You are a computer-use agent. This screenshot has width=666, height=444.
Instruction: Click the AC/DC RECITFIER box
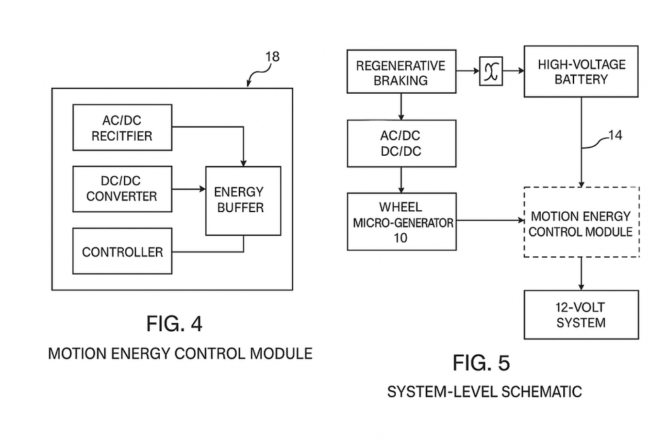[122, 128]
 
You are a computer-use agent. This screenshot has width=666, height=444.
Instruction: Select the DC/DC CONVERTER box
[122, 189]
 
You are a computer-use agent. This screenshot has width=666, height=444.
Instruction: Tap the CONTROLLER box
[122, 252]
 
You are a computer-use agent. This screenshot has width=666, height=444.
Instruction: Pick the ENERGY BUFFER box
[243, 201]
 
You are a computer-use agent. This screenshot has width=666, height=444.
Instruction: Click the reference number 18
[271, 57]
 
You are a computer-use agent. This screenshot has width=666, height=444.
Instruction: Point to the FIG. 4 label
[174, 324]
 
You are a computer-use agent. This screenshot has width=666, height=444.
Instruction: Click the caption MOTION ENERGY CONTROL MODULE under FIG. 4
[180, 354]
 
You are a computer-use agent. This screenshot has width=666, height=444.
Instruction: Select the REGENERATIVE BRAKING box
[401, 72]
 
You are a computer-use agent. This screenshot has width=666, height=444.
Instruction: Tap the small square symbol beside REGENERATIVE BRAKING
[490, 71]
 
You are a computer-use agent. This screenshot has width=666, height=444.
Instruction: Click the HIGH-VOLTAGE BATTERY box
[581, 71]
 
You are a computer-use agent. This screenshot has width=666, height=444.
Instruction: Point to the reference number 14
[614, 135]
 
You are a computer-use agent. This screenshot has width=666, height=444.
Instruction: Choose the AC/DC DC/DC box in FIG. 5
[401, 143]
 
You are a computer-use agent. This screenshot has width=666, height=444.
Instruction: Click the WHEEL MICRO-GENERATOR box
[401, 222]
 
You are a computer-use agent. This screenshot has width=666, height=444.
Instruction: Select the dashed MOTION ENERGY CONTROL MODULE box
[581, 222]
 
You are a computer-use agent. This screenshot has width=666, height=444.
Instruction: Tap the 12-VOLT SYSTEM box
[581, 315]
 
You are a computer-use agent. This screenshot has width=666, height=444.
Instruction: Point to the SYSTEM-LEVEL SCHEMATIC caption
[484, 392]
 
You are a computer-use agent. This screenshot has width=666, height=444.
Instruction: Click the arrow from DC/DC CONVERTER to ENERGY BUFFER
[188, 190]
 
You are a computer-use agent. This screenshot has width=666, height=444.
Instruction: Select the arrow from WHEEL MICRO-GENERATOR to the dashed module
[488, 220]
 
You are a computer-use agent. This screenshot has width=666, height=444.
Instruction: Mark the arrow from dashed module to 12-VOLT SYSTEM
[581, 273]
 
